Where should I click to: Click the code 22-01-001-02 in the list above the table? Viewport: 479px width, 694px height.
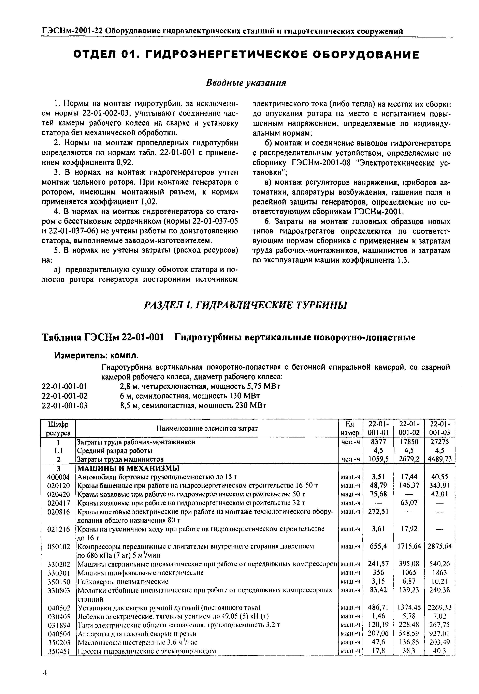(x=65, y=396)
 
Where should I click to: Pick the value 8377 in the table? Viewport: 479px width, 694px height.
(x=378, y=442)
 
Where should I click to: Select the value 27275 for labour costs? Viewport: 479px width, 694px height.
(x=439, y=442)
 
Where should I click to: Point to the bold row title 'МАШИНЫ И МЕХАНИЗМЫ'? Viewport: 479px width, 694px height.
(x=128, y=468)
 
